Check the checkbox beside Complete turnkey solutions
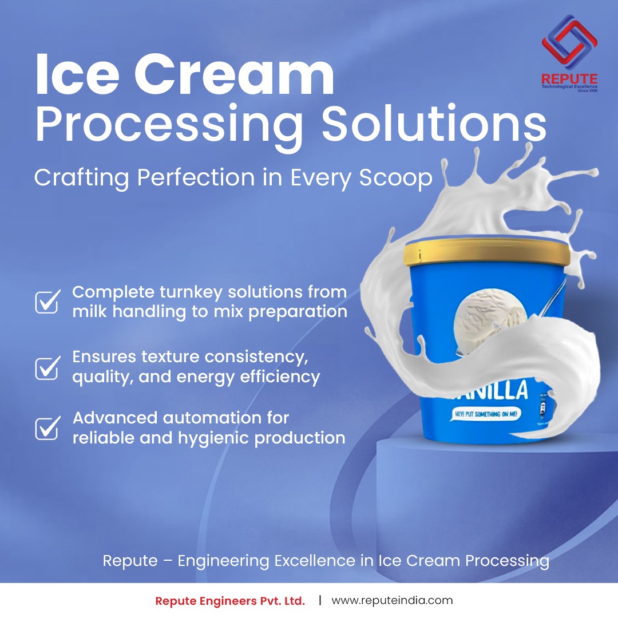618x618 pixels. tap(47, 301)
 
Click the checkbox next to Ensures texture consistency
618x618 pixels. tap(47, 367)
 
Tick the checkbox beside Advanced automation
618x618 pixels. tap(47, 427)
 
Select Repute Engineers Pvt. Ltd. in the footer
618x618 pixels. tap(230, 601)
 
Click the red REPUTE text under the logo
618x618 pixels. tap(569, 78)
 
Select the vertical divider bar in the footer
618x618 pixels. tap(320, 600)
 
